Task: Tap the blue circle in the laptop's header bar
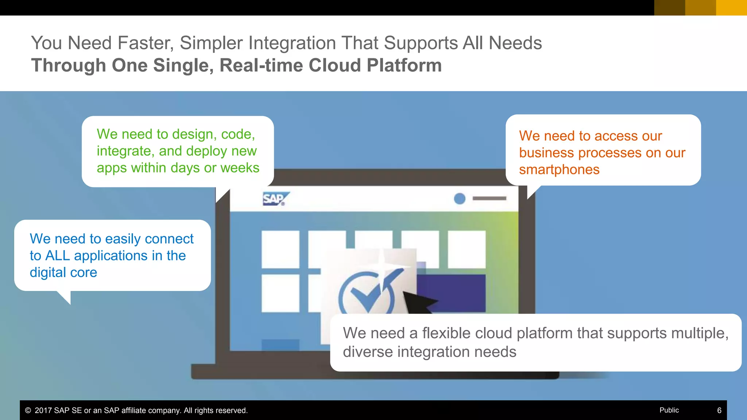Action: coord(460,199)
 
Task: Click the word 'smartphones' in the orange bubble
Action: coord(559,170)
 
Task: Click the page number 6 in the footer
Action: coord(719,411)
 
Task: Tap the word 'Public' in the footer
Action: coord(669,410)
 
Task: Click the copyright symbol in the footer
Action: coord(28,411)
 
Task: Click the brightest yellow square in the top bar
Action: coord(731,8)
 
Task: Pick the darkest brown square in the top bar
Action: coord(669,8)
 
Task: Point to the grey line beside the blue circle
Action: coord(489,198)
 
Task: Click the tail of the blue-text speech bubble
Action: coord(66,297)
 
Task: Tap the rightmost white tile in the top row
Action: coord(467,249)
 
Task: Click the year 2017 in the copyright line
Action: coord(43,411)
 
